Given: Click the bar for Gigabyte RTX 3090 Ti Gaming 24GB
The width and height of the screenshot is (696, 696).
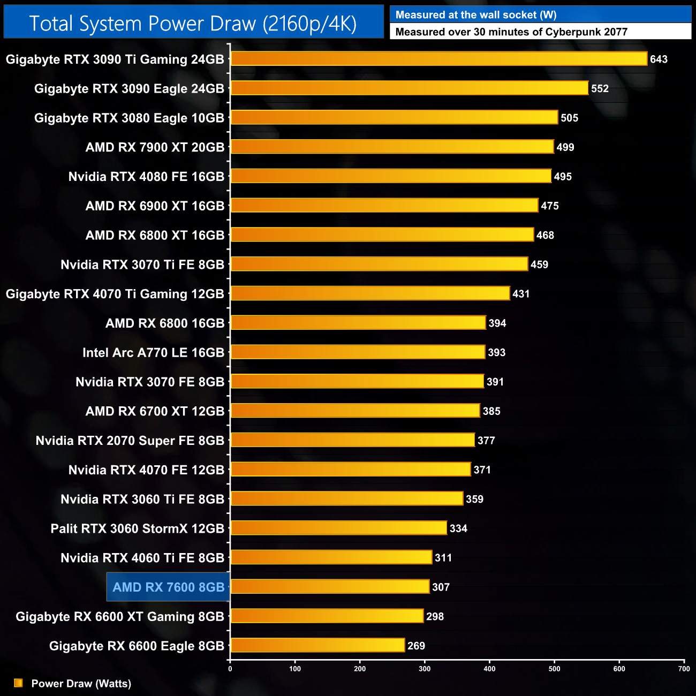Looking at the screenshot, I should (x=439, y=59).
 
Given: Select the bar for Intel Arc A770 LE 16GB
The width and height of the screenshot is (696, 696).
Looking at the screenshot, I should (x=358, y=352).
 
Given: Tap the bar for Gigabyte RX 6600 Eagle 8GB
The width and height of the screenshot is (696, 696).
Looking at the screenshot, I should (x=317, y=645).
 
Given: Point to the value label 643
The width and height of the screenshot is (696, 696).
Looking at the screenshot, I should (x=659, y=59).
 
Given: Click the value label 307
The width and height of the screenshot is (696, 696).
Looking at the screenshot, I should (x=441, y=587).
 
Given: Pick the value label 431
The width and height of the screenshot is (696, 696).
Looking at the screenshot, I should (x=520, y=294).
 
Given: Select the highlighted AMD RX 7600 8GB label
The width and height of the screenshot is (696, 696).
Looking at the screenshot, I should (x=168, y=587).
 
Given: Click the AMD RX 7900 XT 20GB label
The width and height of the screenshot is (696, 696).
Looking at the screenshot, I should (x=155, y=147).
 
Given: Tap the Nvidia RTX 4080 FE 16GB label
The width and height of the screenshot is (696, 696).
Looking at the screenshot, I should (x=146, y=177).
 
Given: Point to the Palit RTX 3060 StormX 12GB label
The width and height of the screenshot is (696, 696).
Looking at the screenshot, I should (x=137, y=528).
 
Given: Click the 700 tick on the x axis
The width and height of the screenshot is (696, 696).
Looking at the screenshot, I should (x=684, y=668).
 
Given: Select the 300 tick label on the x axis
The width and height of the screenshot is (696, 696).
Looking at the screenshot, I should (x=425, y=668).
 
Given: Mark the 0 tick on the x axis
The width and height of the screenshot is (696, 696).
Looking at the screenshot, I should (x=230, y=668).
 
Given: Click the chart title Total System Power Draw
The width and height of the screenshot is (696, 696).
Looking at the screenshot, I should (x=193, y=24).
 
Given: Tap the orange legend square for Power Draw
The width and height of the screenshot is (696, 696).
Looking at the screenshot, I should (x=18, y=683).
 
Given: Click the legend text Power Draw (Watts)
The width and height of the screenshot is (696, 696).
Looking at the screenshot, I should (x=81, y=684).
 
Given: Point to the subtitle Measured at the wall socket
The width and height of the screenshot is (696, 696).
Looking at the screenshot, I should (x=475, y=15).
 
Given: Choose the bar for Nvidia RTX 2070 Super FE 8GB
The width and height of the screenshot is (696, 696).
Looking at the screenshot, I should (x=352, y=440).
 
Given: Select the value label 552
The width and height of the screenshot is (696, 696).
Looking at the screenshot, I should (x=600, y=89).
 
